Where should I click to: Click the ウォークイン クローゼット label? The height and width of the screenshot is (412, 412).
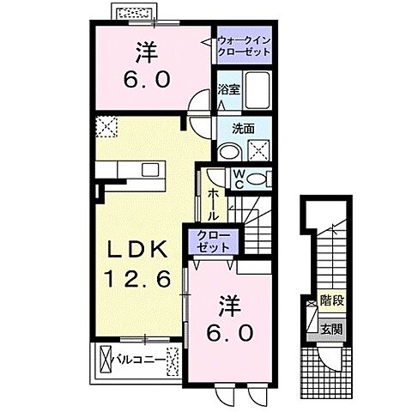[243, 45]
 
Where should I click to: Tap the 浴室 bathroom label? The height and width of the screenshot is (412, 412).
[227, 88]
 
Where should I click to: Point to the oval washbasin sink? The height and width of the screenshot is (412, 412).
[228, 151]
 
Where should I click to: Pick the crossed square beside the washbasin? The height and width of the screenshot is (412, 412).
[257, 150]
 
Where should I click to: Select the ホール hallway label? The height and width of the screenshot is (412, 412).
[212, 207]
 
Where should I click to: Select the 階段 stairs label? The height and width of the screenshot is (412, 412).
[329, 301]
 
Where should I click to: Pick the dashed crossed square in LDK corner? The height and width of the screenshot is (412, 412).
[107, 127]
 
